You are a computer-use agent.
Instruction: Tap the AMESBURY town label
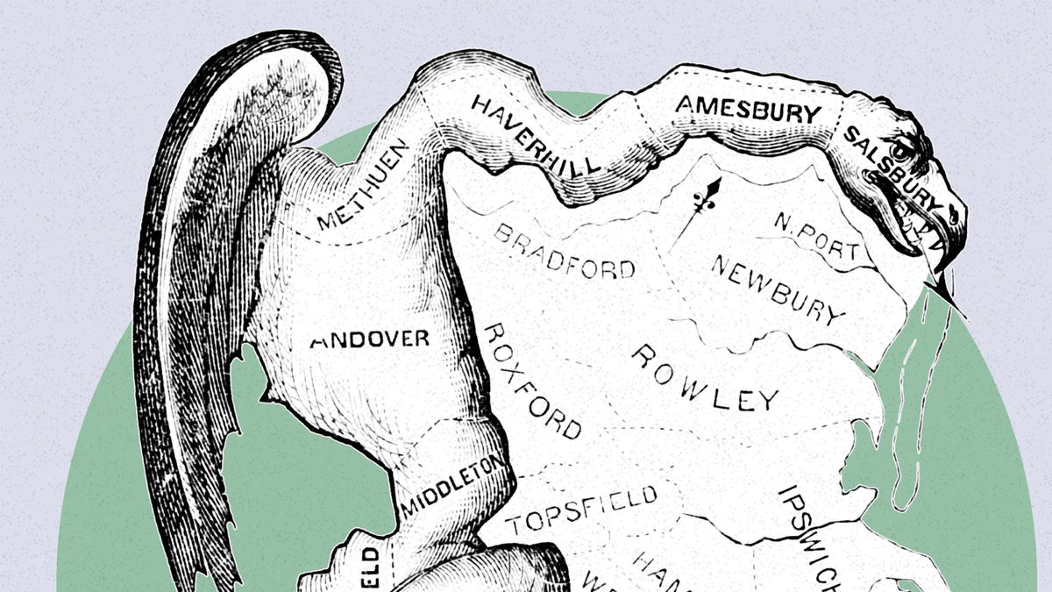point(748,110)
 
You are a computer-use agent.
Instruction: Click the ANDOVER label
point(370,339)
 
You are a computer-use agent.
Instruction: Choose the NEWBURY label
point(777,289)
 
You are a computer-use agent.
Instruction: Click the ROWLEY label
point(704,378)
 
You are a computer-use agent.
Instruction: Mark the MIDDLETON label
point(452,484)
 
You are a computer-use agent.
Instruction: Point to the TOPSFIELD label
point(581,509)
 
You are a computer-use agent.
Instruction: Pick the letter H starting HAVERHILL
point(481,107)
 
